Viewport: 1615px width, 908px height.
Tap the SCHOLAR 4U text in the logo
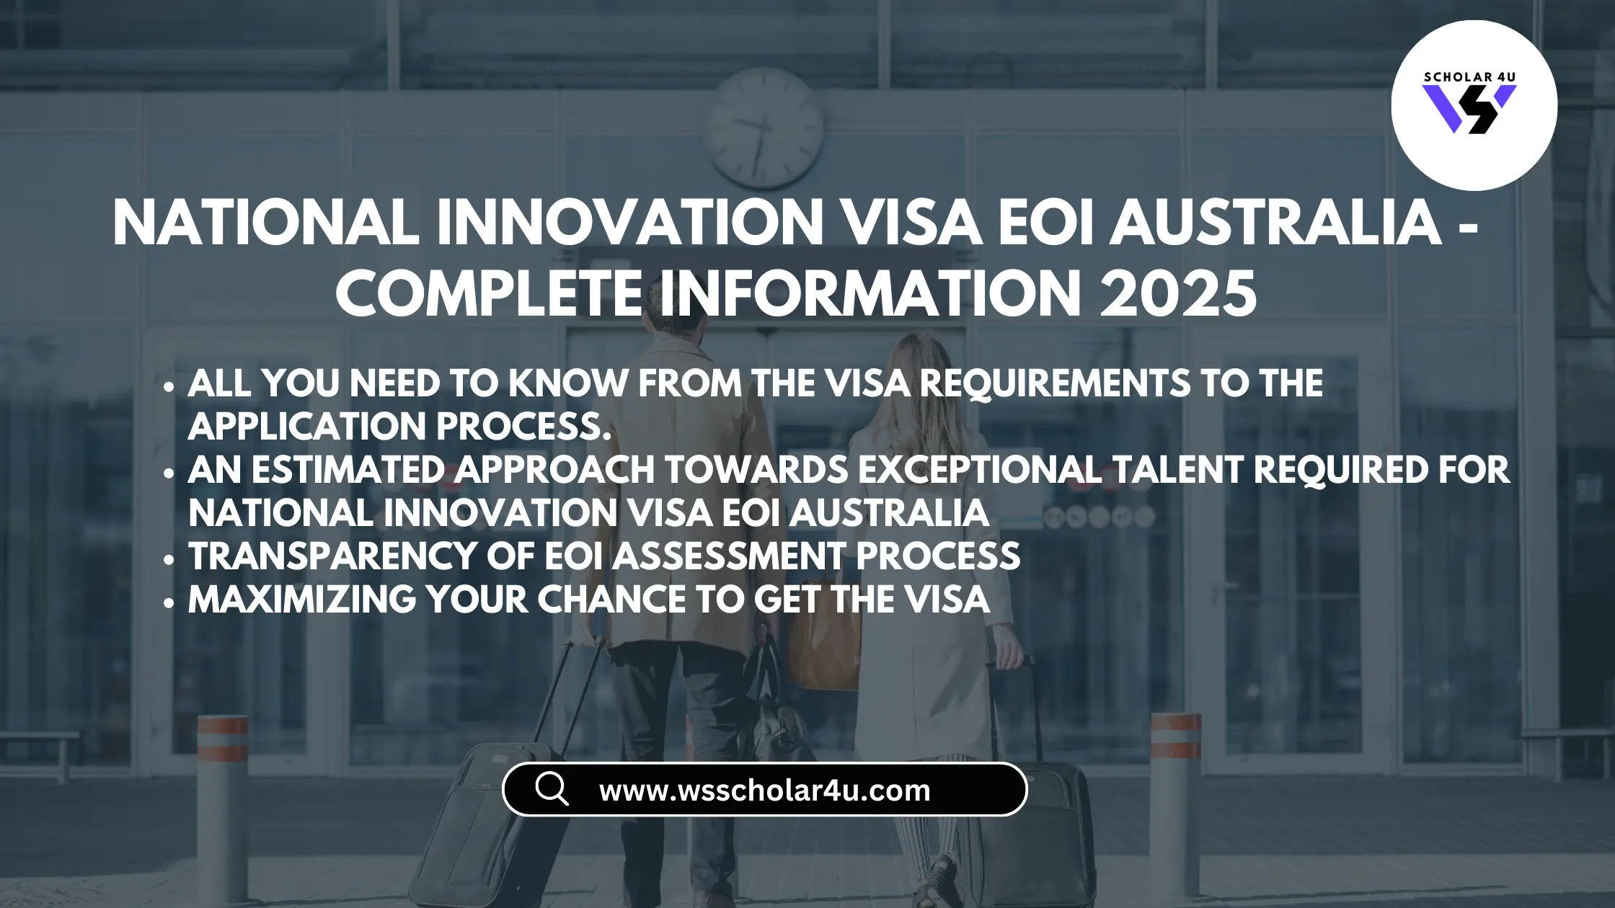(1470, 77)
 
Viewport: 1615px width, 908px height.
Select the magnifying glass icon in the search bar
(552, 788)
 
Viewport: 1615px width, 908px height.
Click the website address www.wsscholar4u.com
(765, 791)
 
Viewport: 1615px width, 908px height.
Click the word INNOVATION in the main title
(630, 222)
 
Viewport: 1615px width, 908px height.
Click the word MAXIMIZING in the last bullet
(302, 600)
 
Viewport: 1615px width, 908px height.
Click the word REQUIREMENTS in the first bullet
(1056, 383)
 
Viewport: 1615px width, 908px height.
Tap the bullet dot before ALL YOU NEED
(169, 386)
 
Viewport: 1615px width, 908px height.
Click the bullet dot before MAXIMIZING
(169, 602)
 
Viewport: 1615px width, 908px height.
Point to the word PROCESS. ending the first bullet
(524, 427)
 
